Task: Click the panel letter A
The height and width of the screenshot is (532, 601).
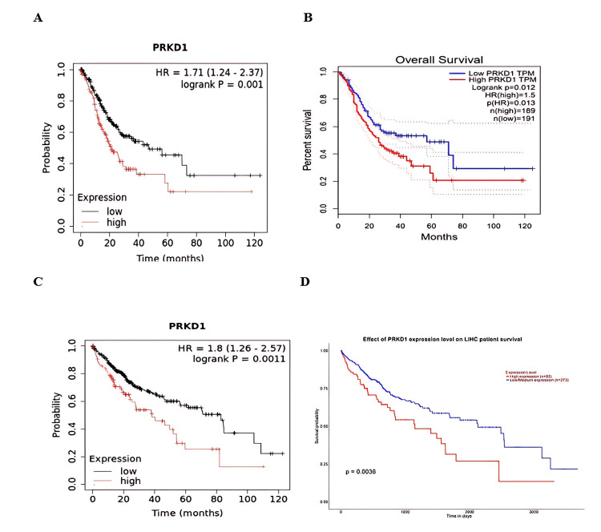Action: point(38,18)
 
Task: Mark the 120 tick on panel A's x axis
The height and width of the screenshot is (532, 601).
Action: point(256,240)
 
